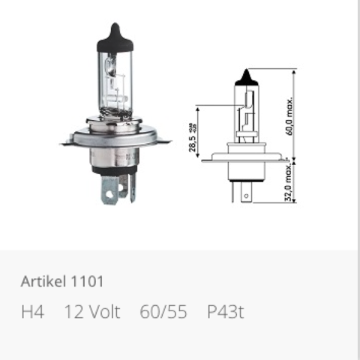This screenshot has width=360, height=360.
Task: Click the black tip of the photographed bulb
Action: [x=115, y=37]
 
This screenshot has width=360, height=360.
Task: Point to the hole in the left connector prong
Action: [x=109, y=194]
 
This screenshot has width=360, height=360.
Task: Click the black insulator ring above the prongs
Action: [x=115, y=170]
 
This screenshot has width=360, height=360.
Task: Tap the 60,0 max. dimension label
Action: [x=289, y=116]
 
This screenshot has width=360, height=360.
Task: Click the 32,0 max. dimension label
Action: [x=288, y=182]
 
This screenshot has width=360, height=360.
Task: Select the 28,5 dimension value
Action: [x=192, y=144]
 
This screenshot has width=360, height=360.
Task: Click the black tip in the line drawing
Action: [x=247, y=77]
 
